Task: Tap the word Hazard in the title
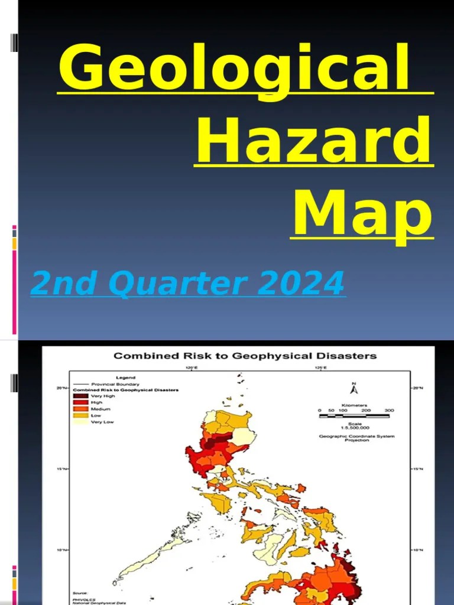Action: coord(314,141)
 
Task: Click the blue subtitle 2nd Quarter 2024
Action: coord(188,284)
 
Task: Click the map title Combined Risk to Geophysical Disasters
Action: coord(245,356)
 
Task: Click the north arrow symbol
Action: coord(354,388)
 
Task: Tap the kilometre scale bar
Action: coord(354,416)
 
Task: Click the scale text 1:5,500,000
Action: coord(355,427)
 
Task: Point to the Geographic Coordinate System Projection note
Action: coord(356,438)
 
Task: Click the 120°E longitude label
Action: coord(192,367)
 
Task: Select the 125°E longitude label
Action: coord(319,367)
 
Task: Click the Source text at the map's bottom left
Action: coord(81,593)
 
